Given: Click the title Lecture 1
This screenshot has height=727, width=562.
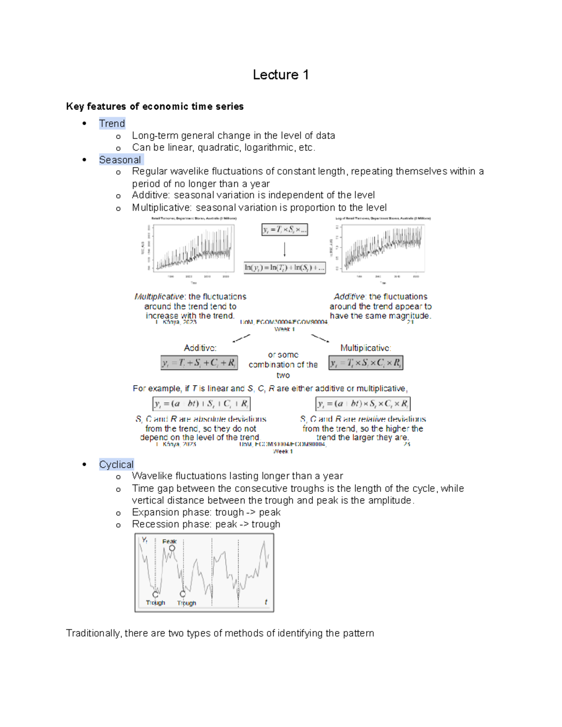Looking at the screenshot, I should pos(281,75).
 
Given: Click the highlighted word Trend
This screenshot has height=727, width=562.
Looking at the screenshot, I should pos(112,124).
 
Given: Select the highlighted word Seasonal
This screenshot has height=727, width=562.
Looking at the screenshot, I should pos(120,160).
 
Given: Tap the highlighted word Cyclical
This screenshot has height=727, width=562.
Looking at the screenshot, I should pos(116,464).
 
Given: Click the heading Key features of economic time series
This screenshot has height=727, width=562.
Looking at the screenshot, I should pos(155,106).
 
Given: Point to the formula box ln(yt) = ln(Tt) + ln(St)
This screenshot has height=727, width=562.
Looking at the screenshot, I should pos(284,268).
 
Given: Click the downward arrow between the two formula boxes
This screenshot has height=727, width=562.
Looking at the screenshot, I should pos(284,249).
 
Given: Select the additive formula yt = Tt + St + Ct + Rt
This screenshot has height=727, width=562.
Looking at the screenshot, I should pos(199,363).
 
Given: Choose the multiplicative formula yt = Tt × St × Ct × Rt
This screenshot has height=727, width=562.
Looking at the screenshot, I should pos(366,363).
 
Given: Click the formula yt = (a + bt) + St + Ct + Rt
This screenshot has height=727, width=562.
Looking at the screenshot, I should pos(201,404).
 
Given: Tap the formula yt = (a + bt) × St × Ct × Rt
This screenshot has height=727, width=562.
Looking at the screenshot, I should pos(363,404).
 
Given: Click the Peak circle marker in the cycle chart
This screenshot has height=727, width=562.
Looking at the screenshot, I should pos(172,548).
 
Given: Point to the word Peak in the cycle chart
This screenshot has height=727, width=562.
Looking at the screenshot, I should pos(169,541).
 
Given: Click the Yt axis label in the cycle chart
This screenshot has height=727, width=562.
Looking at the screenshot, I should pos(145,540).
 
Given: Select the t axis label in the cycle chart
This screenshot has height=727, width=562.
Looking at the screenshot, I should pos(266,602).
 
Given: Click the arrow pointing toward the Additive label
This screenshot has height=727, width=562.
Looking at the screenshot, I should pos(241,338).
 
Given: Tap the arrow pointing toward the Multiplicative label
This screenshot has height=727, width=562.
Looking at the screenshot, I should pos(320,338).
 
